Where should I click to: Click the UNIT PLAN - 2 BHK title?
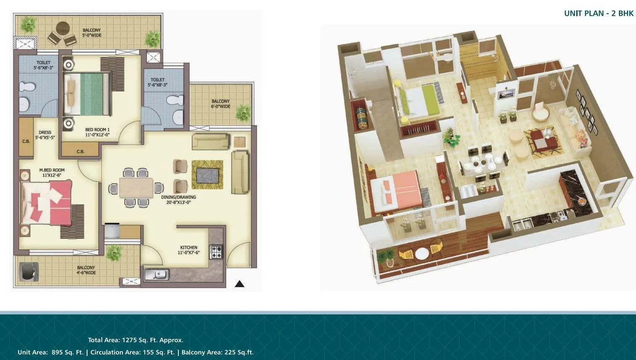(x=598, y=13)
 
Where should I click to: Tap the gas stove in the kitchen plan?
(x=216, y=252)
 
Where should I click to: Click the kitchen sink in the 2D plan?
(x=156, y=275)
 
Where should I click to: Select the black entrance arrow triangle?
(x=239, y=284)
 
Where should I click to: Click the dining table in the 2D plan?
(x=136, y=188)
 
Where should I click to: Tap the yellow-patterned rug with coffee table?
(x=207, y=175)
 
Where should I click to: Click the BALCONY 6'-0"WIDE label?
(x=220, y=104)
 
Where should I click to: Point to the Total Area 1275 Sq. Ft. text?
(x=135, y=340)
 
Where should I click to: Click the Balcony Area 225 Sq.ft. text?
(x=217, y=352)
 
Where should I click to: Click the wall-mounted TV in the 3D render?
(x=506, y=93)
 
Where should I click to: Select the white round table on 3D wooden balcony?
(x=421, y=254)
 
